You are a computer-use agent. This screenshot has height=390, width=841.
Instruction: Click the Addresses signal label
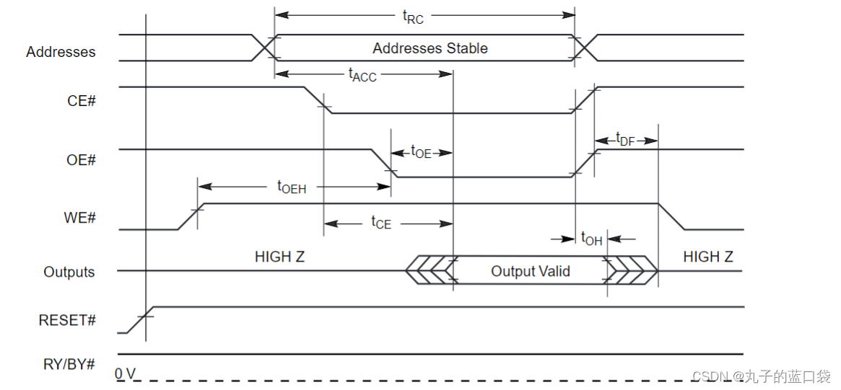click(61, 52)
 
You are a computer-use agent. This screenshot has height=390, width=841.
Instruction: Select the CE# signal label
click(82, 100)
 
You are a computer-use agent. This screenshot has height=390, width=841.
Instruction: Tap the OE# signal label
click(82, 159)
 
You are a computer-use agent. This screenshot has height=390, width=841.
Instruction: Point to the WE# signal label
click(81, 218)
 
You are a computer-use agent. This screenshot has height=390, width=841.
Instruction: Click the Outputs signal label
click(69, 272)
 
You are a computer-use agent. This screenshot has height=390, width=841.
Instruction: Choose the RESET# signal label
click(68, 320)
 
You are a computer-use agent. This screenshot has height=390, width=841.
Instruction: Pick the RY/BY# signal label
click(69, 364)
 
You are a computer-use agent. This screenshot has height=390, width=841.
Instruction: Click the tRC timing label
click(413, 17)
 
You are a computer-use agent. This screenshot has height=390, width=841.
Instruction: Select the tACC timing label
click(362, 75)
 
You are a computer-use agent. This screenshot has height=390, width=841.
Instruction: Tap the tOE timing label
click(421, 152)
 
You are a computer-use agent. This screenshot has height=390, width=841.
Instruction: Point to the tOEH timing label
click(292, 187)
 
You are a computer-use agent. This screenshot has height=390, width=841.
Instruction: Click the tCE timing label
click(381, 222)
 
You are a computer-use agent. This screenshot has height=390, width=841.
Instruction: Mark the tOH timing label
click(592, 239)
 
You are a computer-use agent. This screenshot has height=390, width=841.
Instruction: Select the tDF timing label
click(625, 140)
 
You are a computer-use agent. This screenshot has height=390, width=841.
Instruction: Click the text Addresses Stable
click(430, 48)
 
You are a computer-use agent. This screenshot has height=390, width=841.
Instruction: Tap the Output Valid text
click(531, 271)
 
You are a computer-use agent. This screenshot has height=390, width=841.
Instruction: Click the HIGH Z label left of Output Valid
click(279, 257)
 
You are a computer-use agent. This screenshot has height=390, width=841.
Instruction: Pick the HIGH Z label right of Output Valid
click(708, 257)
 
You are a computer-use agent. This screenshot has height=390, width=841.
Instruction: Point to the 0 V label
click(126, 373)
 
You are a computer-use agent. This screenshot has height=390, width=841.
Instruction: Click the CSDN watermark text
click(761, 376)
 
